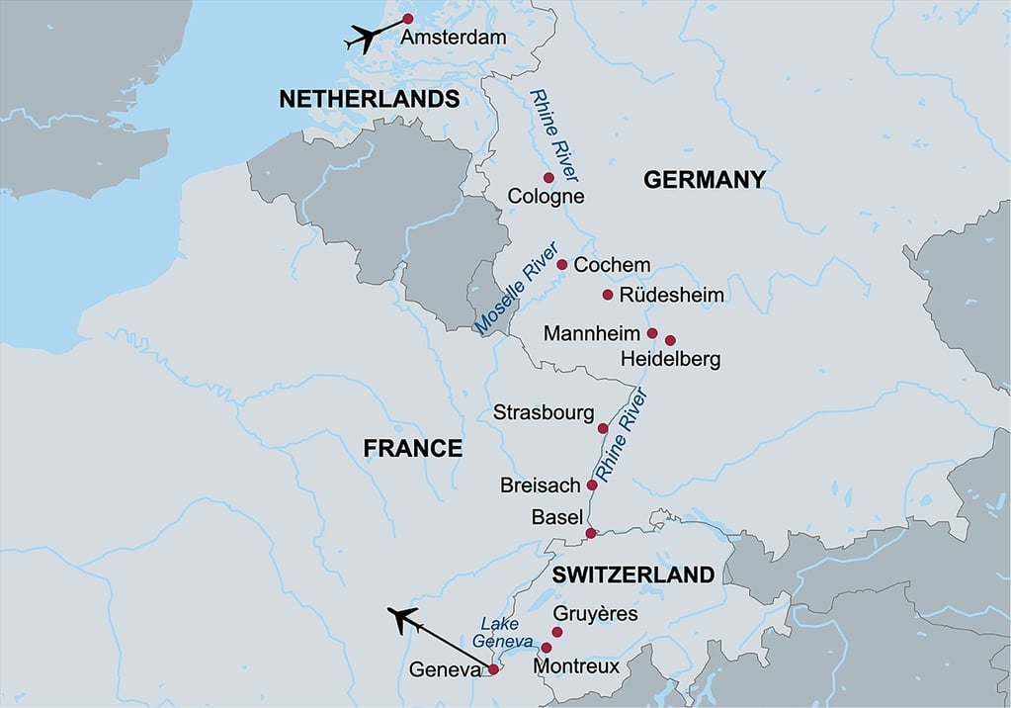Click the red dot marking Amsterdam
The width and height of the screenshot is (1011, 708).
pyautogui.click(x=407, y=18)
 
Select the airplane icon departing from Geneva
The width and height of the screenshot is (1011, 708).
pyautogui.click(x=404, y=620)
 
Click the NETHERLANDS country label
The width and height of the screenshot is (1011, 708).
pyautogui.click(x=369, y=99)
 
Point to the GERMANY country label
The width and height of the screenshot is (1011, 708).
pyautogui.click(x=704, y=179)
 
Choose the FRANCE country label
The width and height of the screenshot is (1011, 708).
pyautogui.click(x=412, y=448)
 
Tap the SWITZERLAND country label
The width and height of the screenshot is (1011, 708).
pyautogui.click(x=632, y=575)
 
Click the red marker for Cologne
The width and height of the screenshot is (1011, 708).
pyautogui.click(x=548, y=178)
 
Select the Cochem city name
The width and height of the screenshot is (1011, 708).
pyautogui.click(x=612, y=265)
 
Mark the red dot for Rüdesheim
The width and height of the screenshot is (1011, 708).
pyautogui.click(x=608, y=295)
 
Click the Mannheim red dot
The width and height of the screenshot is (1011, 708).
pyautogui.click(x=652, y=333)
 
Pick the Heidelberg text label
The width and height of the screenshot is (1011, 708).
pyautogui.click(x=670, y=358)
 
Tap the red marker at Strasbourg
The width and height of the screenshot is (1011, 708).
pyautogui.click(x=603, y=428)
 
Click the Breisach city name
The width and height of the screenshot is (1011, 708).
pyautogui.click(x=540, y=486)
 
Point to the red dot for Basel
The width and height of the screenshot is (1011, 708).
pyautogui.click(x=591, y=533)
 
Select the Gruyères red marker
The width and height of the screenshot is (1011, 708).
pyautogui.click(x=556, y=632)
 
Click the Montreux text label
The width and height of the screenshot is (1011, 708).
pyautogui.click(x=576, y=666)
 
